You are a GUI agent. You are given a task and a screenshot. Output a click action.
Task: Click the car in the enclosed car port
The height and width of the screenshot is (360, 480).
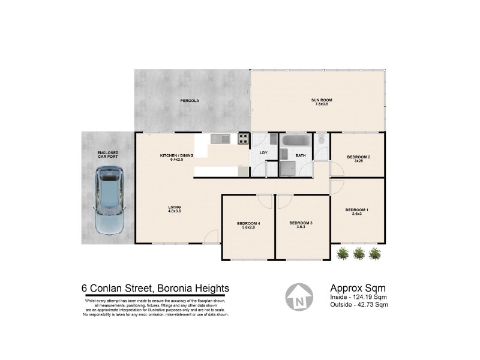tap(109, 201)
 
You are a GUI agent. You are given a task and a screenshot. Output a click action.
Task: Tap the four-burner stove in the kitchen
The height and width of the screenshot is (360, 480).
tap(244, 139)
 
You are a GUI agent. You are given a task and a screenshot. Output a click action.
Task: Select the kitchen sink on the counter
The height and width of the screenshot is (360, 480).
tap(220, 139)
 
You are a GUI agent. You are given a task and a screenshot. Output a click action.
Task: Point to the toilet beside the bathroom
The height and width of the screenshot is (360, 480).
tap(322, 140)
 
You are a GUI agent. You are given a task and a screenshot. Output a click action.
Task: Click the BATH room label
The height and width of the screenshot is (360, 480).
tap(301, 155)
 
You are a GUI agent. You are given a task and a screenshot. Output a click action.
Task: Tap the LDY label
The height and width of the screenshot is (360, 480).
tap(263, 153)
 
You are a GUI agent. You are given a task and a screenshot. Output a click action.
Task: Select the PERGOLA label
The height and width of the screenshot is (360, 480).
tap(190, 101)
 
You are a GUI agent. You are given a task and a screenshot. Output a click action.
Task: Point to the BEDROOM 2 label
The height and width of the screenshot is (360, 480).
tap(358, 157)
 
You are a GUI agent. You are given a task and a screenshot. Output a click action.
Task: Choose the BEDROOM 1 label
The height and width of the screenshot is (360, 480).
tap(357, 209)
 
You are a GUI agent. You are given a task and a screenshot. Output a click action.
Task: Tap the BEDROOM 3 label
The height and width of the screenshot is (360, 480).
tap(301, 223)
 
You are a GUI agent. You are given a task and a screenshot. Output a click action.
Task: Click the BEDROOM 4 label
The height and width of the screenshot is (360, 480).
tap(249, 224)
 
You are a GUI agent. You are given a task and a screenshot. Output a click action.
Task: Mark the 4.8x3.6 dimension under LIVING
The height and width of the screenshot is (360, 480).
tap(175, 211)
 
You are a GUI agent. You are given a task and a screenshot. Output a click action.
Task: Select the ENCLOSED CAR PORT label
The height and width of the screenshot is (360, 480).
tap(108, 155)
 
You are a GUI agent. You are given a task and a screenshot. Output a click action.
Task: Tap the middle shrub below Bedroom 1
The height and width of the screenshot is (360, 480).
tap(359, 254)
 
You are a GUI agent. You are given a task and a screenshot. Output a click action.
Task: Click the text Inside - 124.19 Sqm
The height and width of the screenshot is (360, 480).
tap(359, 297)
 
